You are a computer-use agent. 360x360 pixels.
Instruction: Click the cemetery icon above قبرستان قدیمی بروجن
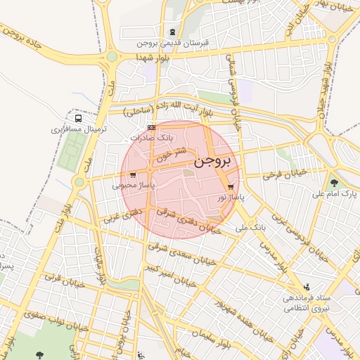(173, 32)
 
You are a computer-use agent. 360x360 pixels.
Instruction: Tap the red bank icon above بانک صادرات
(152, 128)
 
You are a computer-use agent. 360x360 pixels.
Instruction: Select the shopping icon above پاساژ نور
(231, 187)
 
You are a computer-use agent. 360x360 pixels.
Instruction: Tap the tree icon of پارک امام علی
(344, 181)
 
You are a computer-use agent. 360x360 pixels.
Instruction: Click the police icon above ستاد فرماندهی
(306, 287)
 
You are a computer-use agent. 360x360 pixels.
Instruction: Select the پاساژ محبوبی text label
(133, 186)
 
